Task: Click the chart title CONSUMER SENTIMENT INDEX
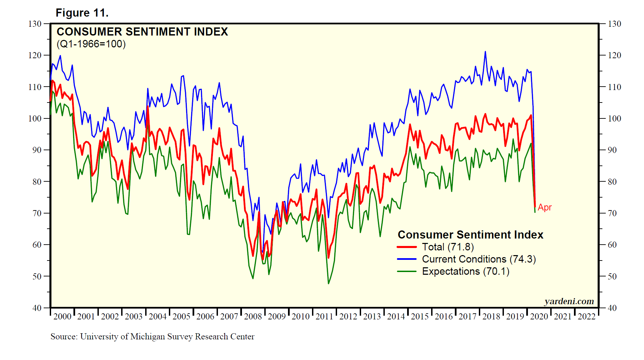pos(142,32)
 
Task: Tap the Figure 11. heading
pos(82,13)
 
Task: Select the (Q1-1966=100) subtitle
pos(91,44)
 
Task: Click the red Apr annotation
pos(545,207)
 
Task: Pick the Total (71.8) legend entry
pos(448,247)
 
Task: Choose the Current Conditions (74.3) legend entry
pos(479,259)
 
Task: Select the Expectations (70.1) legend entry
pos(465,271)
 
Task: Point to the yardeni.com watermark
pos(569,301)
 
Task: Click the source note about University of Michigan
pos(152,337)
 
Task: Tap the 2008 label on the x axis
pos(253,316)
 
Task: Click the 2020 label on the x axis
pos(539,316)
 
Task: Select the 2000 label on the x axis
pos(62,316)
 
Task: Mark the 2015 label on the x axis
pos(420,316)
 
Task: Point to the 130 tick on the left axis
pos(35,24)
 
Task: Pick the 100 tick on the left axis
pos(35,118)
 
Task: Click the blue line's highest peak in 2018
pos(485,52)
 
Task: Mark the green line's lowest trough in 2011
pos(328,283)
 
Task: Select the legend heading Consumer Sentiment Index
pos(470,235)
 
